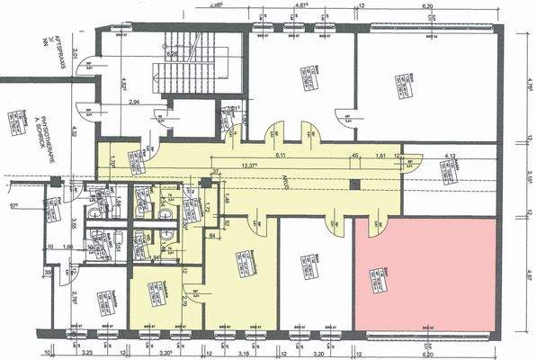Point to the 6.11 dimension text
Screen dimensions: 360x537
(x=280, y=155)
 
